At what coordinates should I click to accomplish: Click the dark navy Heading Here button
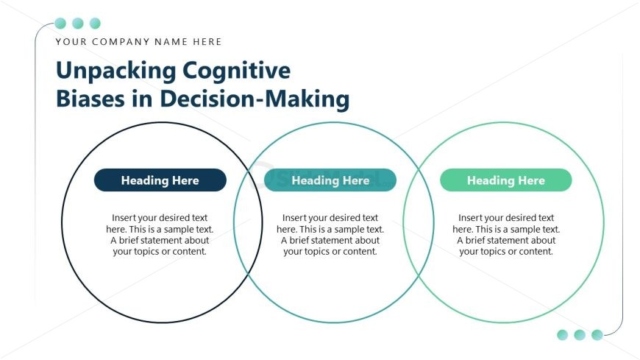pyautogui.click(x=160, y=180)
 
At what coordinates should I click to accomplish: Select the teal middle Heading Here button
pyautogui.click(x=330, y=180)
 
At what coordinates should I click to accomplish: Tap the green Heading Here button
pyautogui.click(x=505, y=180)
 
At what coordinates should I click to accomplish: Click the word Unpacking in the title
pyautogui.click(x=116, y=71)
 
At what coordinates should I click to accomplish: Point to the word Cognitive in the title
pyautogui.click(x=237, y=71)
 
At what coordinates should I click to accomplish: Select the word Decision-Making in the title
pyautogui.click(x=255, y=99)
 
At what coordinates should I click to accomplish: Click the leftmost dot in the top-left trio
pyautogui.click(x=60, y=24)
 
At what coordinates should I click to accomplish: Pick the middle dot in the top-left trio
pyautogui.click(x=77, y=24)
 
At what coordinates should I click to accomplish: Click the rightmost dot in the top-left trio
pyautogui.click(x=95, y=24)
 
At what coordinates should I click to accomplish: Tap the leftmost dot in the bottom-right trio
pyautogui.click(x=563, y=335)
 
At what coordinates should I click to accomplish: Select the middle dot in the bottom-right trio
pyautogui.click(x=580, y=335)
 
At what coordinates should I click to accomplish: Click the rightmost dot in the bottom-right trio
pyautogui.click(x=597, y=335)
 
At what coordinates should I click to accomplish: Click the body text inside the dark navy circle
pyautogui.click(x=160, y=234)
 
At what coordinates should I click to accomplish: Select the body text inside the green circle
pyautogui.click(x=505, y=234)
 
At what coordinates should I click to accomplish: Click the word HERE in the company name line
pyautogui.click(x=208, y=42)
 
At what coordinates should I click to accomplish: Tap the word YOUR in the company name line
pyautogui.click(x=70, y=42)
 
